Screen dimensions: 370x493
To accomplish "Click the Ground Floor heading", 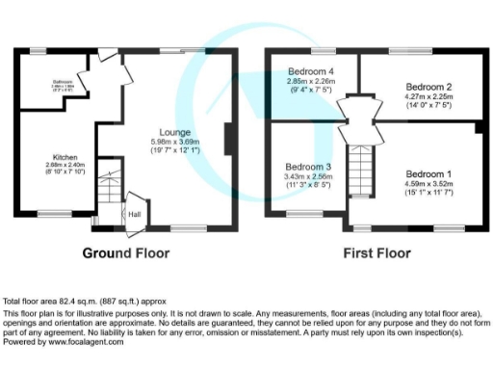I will coord(125,254).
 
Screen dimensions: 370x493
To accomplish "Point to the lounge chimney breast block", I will coord(226,139).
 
